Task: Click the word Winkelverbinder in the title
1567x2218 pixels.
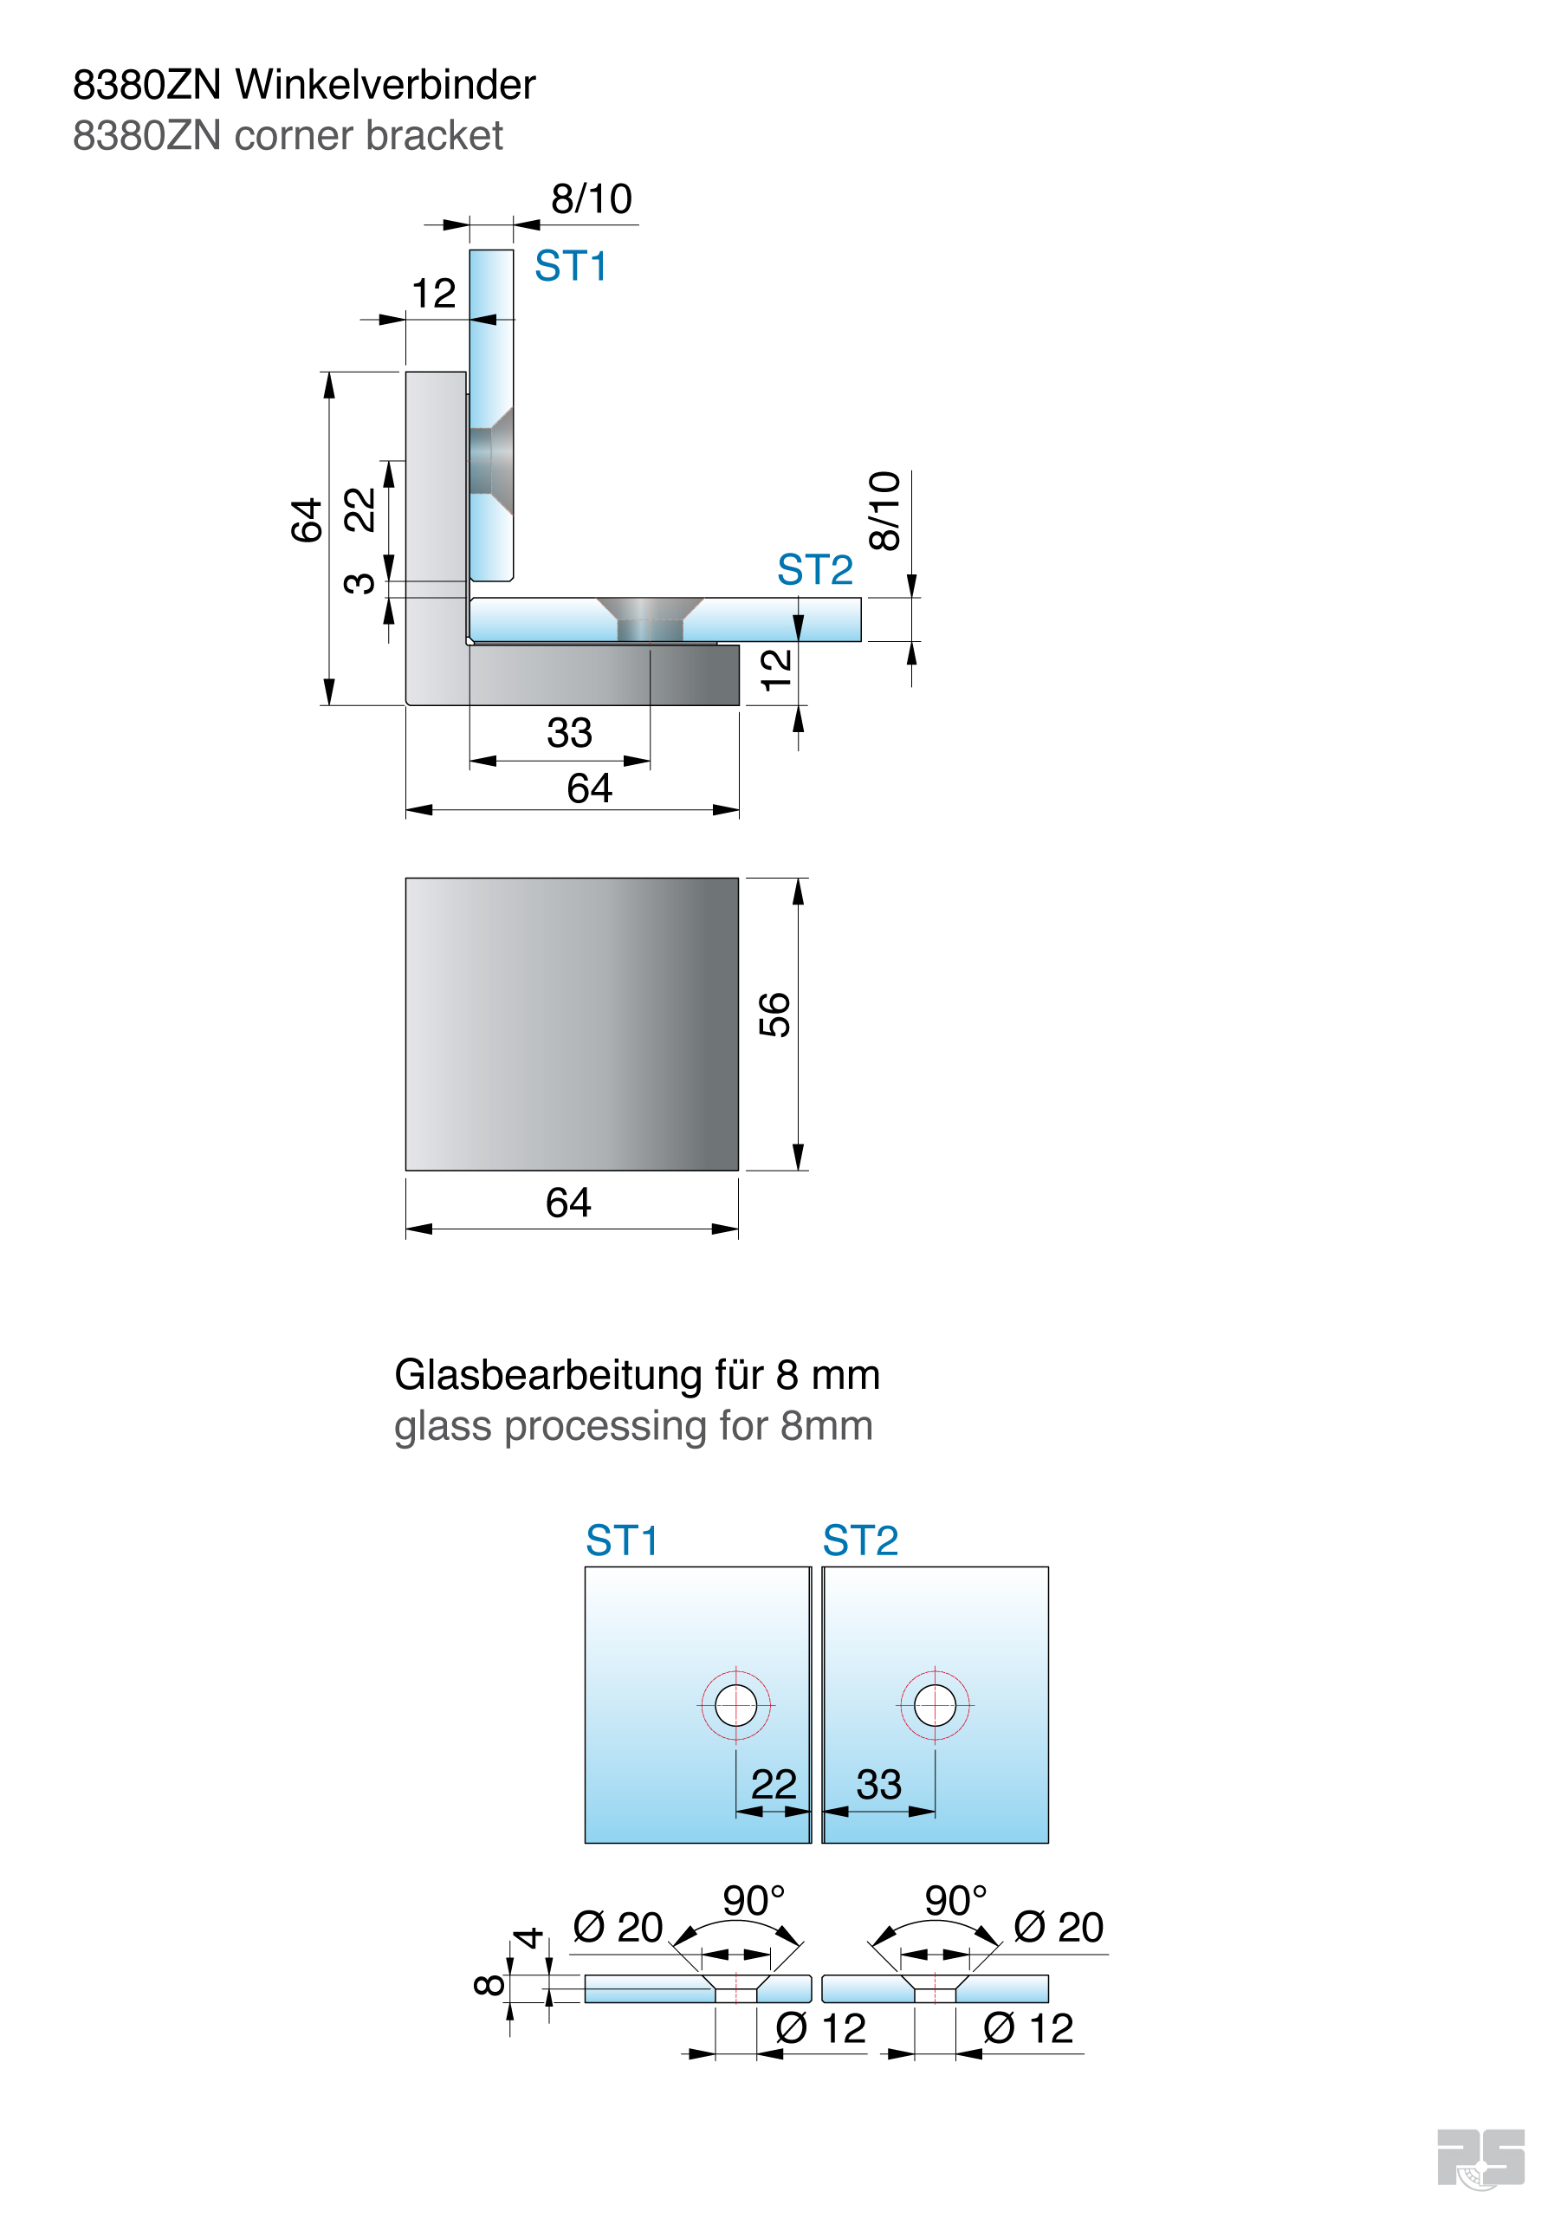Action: (385, 85)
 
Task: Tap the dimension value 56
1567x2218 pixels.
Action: (774, 1015)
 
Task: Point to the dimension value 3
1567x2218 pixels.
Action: (359, 582)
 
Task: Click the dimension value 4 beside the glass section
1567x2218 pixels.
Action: (528, 1938)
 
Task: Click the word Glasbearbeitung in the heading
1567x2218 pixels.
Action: (548, 1376)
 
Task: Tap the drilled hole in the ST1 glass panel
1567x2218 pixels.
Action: (736, 1705)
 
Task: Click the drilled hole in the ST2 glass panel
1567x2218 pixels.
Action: (936, 1705)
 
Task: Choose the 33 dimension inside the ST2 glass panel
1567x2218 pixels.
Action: (879, 1784)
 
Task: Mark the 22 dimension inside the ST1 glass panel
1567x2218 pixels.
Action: (774, 1784)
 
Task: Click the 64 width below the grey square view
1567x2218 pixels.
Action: (568, 1203)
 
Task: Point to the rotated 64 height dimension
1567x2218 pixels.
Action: (307, 521)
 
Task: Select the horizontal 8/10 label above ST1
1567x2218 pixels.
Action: (592, 199)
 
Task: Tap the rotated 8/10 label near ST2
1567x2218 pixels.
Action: (884, 511)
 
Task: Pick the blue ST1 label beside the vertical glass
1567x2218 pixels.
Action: (571, 266)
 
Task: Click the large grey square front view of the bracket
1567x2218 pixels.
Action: (572, 1024)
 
